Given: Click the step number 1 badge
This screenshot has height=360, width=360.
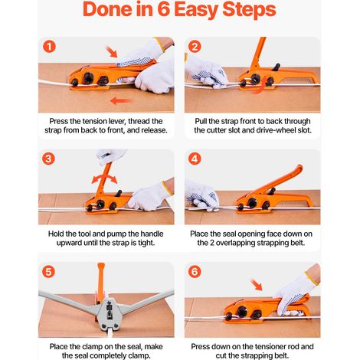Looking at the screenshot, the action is click(49, 47).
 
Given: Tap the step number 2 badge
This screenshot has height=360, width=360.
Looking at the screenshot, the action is click(195, 47).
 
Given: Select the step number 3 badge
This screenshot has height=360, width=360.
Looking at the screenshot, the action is click(48, 159).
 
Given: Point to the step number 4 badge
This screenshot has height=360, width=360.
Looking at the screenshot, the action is click(195, 159).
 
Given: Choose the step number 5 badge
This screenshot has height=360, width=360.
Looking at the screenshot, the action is click(48, 271).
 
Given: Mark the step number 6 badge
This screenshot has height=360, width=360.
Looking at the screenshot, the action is click(195, 271).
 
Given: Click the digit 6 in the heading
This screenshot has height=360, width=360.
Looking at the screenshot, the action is click(164, 10).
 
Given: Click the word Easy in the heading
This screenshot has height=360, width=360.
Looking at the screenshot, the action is click(196, 11).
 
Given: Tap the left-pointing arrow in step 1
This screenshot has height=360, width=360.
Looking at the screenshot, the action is click(120, 100).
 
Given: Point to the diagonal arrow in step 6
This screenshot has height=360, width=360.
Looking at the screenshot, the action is click(257, 285).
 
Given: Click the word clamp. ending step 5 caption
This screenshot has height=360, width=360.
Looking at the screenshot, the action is click(139, 355).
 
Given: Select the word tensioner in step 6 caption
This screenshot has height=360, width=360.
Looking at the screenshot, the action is click(266, 347).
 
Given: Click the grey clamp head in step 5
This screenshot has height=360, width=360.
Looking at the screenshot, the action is click(110, 314).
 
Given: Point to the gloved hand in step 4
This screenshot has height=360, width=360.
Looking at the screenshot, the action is click(202, 195).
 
